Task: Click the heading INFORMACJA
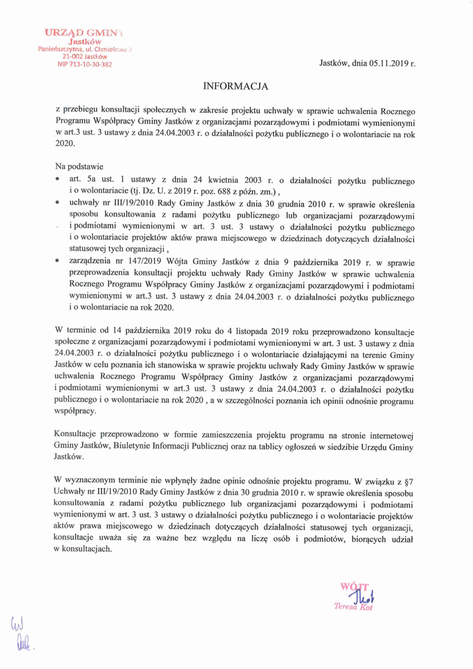tap(236, 86)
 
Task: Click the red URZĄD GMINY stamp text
tap(84, 32)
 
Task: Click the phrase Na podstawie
tap(79, 166)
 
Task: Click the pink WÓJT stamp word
tap(355, 586)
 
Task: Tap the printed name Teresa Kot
tap(354, 606)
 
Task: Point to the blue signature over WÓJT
tap(362, 594)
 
